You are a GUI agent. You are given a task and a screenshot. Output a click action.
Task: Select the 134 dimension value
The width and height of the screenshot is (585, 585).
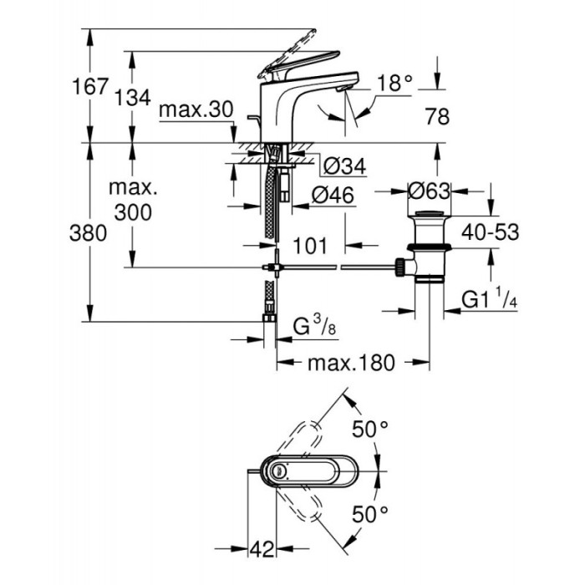click(132, 98)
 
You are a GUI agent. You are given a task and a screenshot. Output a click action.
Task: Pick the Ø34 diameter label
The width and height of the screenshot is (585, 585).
click(345, 167)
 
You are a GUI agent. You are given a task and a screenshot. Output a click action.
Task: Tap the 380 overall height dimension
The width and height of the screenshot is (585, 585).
click(88, 233)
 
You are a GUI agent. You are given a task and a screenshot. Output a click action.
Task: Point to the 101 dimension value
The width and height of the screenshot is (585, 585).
click(310, 246)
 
